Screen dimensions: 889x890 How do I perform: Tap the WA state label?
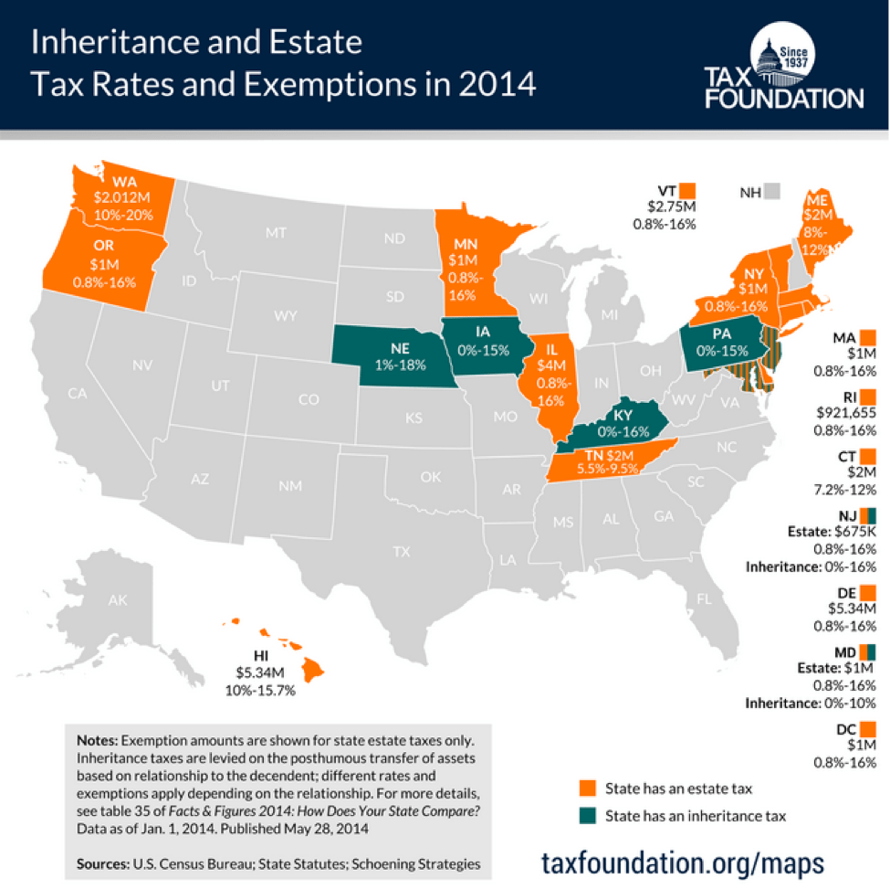click(x=113, y=180)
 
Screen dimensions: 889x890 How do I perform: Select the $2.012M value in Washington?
click(x=122, y=196)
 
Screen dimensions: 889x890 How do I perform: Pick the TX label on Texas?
click(x=401, y=551)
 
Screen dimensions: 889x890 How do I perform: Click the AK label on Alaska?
click(x=118, y=600)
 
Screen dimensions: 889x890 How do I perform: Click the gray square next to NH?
click(x=773, y=192)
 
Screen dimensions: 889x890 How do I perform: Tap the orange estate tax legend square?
click(x=589, y=788)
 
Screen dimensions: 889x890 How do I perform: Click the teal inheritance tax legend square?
click(x=589, y=815)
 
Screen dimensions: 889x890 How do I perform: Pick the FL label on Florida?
click(x=704, y=599)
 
